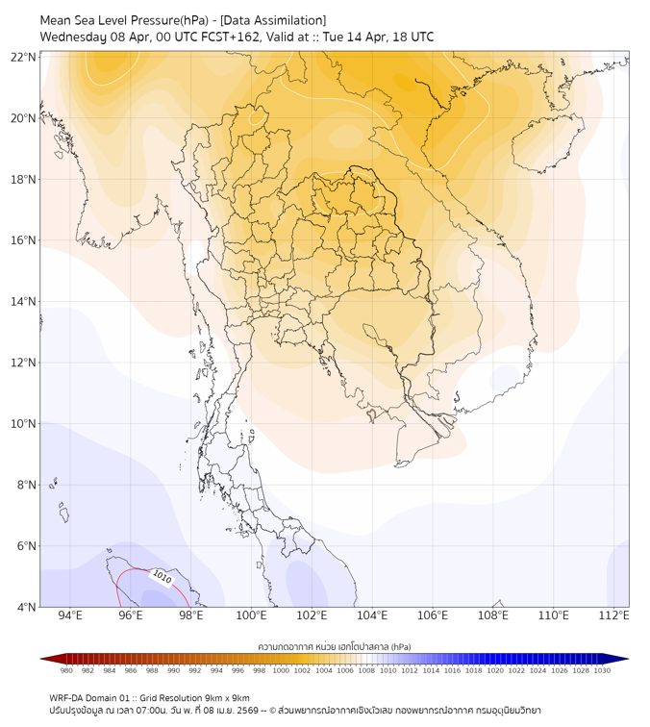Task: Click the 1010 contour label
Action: point(161,579)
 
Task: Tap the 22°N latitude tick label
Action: point(24,57)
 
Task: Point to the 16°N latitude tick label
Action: point(24,240)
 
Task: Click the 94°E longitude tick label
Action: point(69,615)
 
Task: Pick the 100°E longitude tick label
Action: point(251,615)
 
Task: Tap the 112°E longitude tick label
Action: point(614,615)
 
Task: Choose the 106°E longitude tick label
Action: point(433,615)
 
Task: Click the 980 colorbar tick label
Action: point(66,670)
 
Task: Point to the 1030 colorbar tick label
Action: point(602,670)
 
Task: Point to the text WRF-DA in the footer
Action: point(66,698)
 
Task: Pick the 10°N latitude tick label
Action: point(24,424)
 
